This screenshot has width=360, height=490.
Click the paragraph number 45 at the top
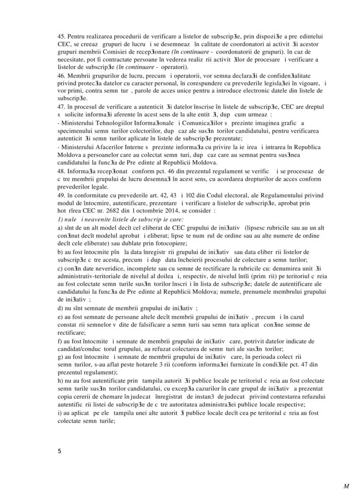61,36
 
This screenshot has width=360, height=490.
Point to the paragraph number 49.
61,195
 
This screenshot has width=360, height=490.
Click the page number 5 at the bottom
59,450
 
